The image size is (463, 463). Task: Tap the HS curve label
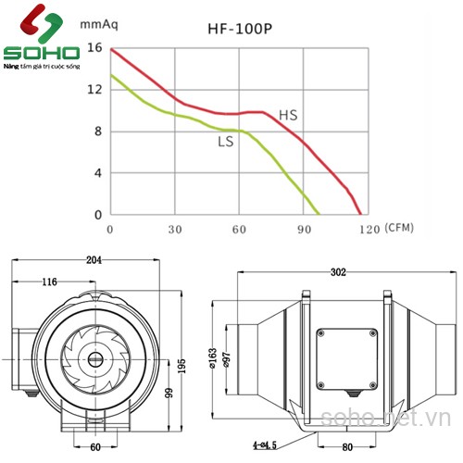pyautogui.click(x=289, y=115)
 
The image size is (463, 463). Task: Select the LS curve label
pyautogui.click(x=225, y=142)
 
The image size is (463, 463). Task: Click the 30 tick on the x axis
pyautogui.click(x=175, y=229)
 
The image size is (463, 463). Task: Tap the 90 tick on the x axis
pyautogui.click(x=304, y=229)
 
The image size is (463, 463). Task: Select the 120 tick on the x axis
pyautogui.click(x=368, y=229)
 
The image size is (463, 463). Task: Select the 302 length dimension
pyautogui.click(x=338, y=272)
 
